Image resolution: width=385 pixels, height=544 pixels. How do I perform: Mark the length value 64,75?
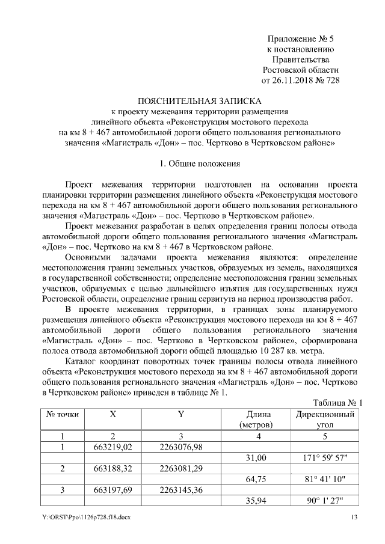point(257,479)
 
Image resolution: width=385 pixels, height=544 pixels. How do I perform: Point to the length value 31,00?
point(257,457)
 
